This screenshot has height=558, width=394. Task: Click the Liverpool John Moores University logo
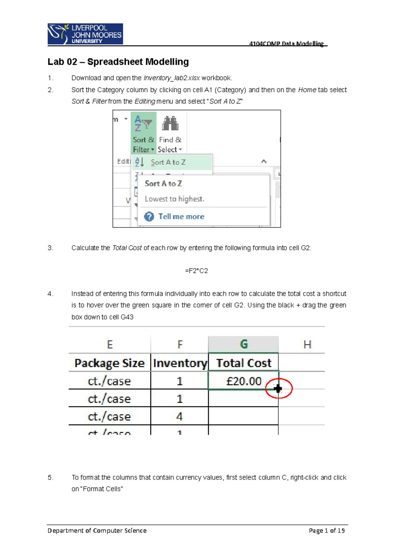(85, 34)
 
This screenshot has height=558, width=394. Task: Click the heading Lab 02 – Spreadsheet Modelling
(118, 62)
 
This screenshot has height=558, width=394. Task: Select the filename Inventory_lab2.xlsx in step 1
(171, 78)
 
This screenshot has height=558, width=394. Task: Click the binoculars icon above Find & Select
(170, 124)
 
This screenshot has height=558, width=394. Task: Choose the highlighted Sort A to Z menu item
(168, 162)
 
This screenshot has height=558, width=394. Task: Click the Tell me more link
(181, 217)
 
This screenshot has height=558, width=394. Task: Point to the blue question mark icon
(149, 217)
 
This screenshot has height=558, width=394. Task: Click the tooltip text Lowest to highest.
(174, 199)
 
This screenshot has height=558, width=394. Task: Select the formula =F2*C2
(196, 271)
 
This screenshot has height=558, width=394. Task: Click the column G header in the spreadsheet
(244, 344)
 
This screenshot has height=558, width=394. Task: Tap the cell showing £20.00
(244, 381)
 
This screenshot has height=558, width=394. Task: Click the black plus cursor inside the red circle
(278, 389)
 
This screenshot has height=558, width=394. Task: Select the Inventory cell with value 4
(179, 416)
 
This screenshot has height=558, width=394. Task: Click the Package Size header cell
(109, 363)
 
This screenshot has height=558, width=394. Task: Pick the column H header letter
(307, 344)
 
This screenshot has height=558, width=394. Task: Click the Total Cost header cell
(244, 363)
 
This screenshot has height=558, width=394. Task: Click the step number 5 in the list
(50, 477)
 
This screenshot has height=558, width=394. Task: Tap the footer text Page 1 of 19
(326, 530)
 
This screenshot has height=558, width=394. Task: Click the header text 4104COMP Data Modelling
(286, 43)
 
